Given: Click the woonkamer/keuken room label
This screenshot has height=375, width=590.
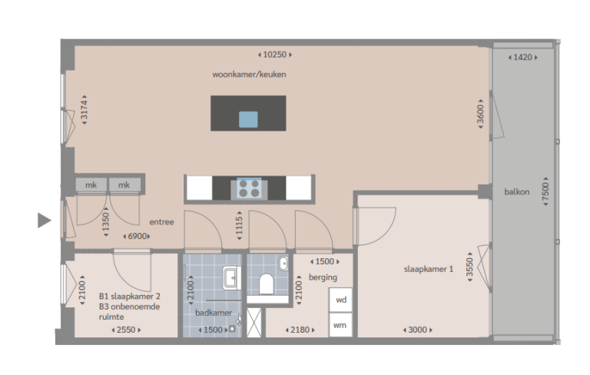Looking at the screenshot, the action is point(249,75).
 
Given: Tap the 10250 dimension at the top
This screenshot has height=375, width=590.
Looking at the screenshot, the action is point(275,55).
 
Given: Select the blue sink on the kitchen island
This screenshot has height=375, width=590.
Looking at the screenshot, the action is point(248,119).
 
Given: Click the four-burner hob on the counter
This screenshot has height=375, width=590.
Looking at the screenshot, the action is point(249,188).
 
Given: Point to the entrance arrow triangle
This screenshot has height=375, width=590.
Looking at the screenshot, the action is point(44,221).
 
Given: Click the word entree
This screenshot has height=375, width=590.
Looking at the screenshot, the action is point(162,222).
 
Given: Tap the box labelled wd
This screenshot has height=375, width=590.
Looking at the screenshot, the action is point(341,300).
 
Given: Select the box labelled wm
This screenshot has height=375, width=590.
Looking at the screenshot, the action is point(340,325).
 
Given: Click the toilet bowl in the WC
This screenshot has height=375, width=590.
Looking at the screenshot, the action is point(267,284).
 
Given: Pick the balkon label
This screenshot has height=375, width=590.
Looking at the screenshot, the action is point(516,191).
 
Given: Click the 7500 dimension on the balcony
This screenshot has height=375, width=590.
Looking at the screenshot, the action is point(545,191).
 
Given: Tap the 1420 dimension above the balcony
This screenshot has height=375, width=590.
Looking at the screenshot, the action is point(522,57).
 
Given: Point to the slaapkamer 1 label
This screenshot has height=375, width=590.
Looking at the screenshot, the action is point(429,269).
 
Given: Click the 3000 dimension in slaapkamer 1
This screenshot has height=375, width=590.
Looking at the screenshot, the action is point(418,330).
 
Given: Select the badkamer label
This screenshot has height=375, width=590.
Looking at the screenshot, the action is point(214,313).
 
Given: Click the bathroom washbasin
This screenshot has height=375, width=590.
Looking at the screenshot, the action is point(232,277).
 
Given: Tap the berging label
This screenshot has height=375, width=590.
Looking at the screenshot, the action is point(323,277).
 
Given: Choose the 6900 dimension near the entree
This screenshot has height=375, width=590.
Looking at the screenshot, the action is point(137,237).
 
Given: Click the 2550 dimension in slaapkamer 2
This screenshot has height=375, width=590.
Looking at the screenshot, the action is point(126,330).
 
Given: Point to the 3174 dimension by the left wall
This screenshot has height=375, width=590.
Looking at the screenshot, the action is point(84,110).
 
